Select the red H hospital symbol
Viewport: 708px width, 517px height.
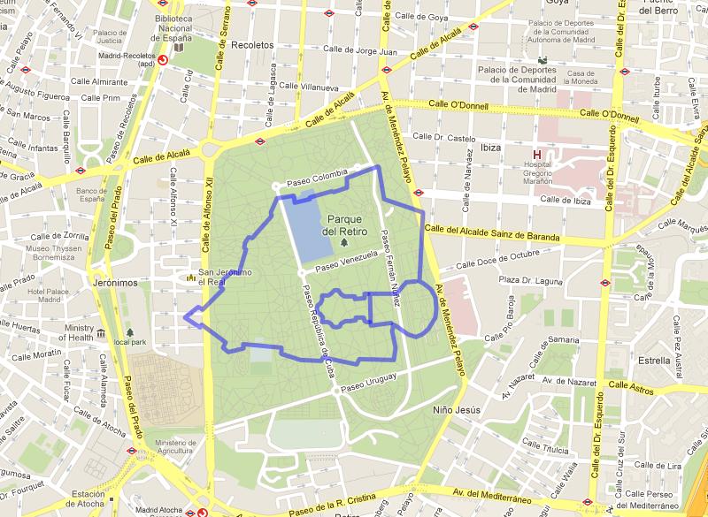click(536, 155)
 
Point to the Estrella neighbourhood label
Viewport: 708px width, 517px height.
click(654, 361)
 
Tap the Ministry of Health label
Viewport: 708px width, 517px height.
click(78, 333)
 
